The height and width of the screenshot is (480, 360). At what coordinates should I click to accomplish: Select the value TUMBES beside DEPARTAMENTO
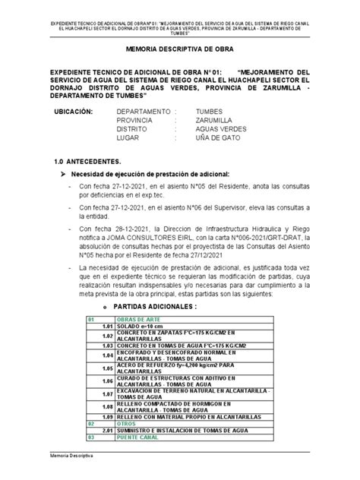tap(210, 111)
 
